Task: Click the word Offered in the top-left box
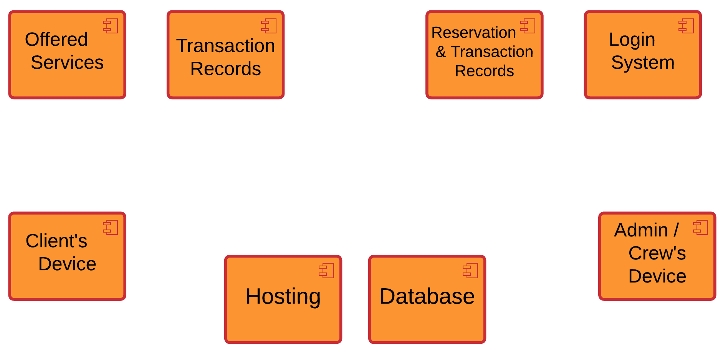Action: coord(56,40)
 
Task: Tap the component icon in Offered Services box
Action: coord(111,26)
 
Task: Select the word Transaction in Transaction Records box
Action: coord(225,46)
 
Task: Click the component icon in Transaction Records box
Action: coord(269,26)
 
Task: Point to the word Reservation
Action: coord(473,33)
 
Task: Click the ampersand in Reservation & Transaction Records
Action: coord(441,52)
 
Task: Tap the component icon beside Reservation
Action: coord(528,26)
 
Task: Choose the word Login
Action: coord(632,40)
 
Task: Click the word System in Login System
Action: coord(643,63)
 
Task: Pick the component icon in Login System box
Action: coord(686,26)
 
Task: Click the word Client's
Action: coord(56,241)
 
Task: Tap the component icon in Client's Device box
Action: coord(111,228)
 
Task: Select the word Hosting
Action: coord(283,297)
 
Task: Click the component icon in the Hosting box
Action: coord(326,271)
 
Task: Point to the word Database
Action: coord(427,297)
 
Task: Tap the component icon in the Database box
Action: coord(470,271)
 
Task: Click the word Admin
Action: coord(641,230)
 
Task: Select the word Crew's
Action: coord(657,253)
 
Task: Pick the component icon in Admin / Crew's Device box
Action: coord(701,228)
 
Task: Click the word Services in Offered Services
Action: coord(67,63)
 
